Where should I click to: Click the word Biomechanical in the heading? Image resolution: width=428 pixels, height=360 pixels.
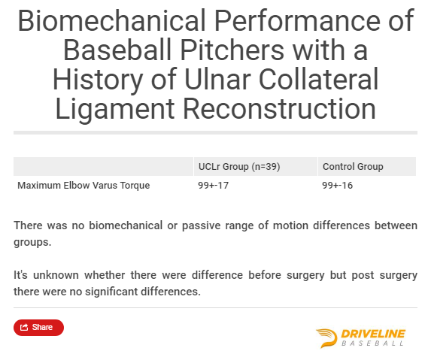(x=111, y=20)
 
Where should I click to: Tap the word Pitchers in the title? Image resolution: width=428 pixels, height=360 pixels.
(x=232, y=50)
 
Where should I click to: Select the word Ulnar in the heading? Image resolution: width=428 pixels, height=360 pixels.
(x=217, y=79)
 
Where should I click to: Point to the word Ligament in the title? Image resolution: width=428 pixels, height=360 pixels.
(x=115, y=110)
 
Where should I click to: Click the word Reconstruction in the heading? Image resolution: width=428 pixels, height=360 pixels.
(x=280, y=108)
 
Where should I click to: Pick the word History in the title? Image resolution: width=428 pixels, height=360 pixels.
(x=98, y=80)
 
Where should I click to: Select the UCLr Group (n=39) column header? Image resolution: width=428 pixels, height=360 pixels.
(x=239, y=166)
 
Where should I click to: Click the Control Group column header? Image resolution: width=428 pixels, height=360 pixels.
(x=353, y=166)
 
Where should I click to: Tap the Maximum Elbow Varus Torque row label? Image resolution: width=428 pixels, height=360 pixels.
(x=83, y=186)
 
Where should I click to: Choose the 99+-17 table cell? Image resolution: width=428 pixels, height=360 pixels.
(x=213, y=186)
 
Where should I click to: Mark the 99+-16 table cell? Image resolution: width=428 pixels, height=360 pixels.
(x=338, y=186)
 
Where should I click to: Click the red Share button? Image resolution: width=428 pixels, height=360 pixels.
(x=39, y=327)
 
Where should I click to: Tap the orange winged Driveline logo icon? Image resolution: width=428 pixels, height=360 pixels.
(x=326, y=338)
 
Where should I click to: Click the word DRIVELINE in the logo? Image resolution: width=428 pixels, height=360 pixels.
(x=373, y=334)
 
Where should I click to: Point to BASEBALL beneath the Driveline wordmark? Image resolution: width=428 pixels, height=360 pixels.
(x=373, y=343)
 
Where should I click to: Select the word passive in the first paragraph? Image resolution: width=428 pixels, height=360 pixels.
(x=201, y=225)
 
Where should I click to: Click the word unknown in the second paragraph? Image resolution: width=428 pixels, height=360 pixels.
(x=56, y=275)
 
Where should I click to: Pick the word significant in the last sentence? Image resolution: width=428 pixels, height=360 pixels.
(x=112, y=292)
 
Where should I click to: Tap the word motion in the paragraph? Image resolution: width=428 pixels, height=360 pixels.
(x=290, y=225)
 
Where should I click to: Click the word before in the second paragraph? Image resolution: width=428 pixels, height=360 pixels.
(x=265, y=275)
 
